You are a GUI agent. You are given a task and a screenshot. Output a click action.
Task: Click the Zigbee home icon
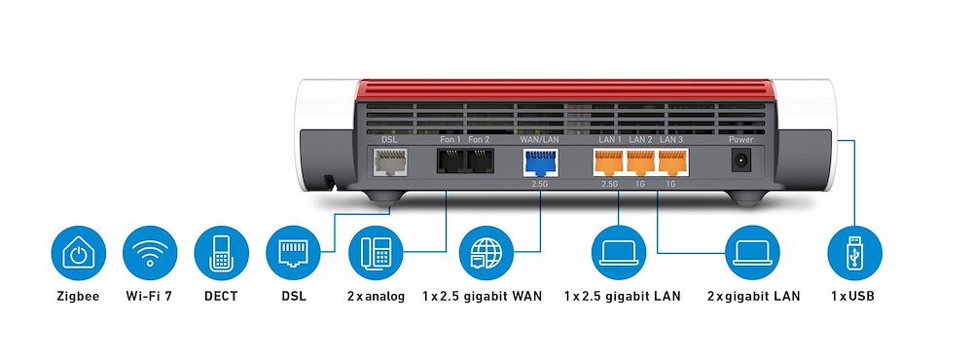(78, 255)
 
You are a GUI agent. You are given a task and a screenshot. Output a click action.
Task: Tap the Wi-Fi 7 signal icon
(149, 255)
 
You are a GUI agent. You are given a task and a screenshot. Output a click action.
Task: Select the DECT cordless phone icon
(221, 255)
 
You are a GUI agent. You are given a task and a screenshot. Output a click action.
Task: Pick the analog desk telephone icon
(376, 255)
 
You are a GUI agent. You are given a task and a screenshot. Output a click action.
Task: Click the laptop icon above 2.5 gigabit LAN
(619, 255)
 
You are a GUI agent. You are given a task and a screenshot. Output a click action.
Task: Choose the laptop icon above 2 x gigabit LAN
(754, 255)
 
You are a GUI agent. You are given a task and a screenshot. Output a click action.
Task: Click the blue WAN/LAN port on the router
(537, 162)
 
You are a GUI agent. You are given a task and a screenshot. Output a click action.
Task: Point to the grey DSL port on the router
(388, 162)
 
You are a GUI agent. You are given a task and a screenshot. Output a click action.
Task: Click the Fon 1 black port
(450, 162)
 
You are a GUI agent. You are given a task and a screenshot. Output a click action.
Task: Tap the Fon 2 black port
(479, 162)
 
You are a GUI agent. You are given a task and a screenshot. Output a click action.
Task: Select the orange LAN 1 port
(609, 162)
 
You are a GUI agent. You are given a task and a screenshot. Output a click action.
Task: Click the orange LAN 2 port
(640, 162)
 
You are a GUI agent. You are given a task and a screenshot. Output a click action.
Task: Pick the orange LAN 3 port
(670, 162)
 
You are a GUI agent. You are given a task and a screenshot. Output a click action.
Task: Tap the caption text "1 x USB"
(853, 295)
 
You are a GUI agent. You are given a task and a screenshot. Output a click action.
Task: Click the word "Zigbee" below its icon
(78, 295)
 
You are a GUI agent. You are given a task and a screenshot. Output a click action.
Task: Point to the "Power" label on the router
(741, 140)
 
